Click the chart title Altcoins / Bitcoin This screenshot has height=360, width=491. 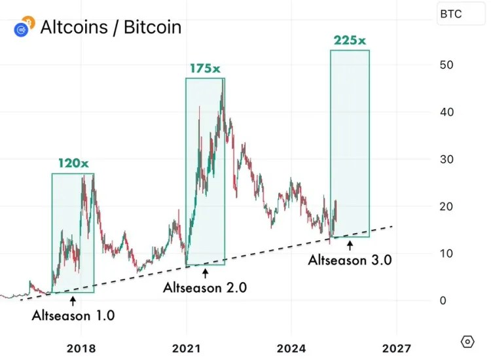coord(111,27)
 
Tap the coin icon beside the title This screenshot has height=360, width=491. coord(22,27)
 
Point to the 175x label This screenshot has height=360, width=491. coord(204,67)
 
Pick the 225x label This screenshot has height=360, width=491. coord(350,40)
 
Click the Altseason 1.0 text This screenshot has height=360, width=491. coord(73,315)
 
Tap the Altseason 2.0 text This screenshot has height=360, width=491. coord(205,287)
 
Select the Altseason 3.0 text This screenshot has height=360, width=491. coord(350,259)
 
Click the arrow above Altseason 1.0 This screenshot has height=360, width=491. coord(73,300)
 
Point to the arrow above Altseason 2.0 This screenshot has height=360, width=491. coord(205,272)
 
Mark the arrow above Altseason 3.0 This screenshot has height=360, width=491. coord(350,244)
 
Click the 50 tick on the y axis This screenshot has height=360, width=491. coord(447,65)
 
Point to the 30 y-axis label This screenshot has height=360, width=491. coord(447,159)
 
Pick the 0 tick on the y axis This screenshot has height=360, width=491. coord(444,300)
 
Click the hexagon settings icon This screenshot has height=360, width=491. coord(467,341)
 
